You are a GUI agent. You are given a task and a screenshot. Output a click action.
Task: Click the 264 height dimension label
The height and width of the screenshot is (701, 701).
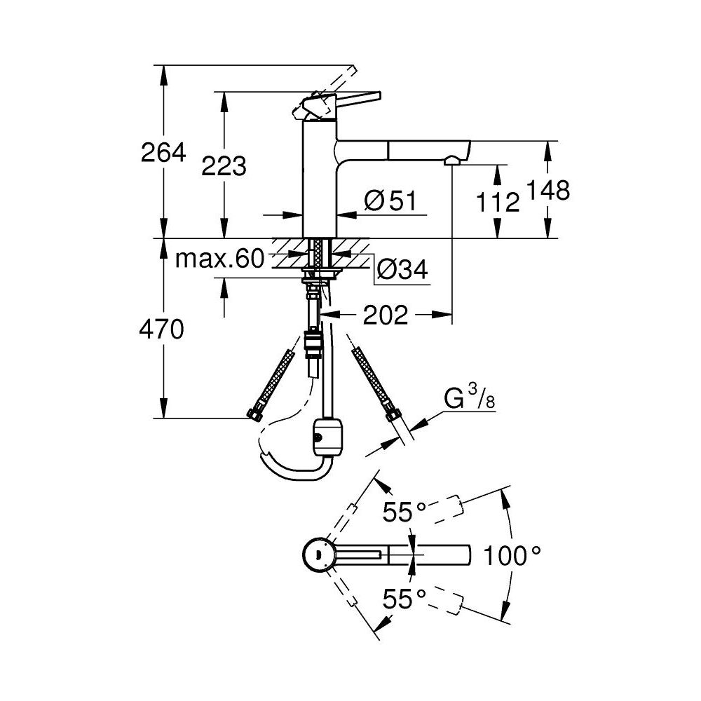(163, 152)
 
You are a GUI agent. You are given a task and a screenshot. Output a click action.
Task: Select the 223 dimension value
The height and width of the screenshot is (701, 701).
(224, 166)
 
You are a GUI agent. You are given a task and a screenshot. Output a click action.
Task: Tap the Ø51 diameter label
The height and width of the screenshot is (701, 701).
(390, 201)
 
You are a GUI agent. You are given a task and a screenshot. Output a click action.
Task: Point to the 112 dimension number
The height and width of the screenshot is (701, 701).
(498, 203)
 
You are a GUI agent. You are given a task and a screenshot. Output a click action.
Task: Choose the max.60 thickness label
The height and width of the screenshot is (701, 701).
(219, 259)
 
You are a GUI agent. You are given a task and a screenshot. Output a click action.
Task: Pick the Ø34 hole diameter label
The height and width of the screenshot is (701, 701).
(402, 269)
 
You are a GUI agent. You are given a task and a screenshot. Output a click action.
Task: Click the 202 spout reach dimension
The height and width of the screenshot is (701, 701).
(385, 315)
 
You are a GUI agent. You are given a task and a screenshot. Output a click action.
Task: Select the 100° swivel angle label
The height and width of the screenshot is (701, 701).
(513, 557)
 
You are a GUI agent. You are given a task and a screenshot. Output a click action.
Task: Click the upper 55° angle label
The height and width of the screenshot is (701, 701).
(404, 513)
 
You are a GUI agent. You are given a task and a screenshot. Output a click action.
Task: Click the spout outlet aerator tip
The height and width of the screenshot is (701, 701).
(452, 161)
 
